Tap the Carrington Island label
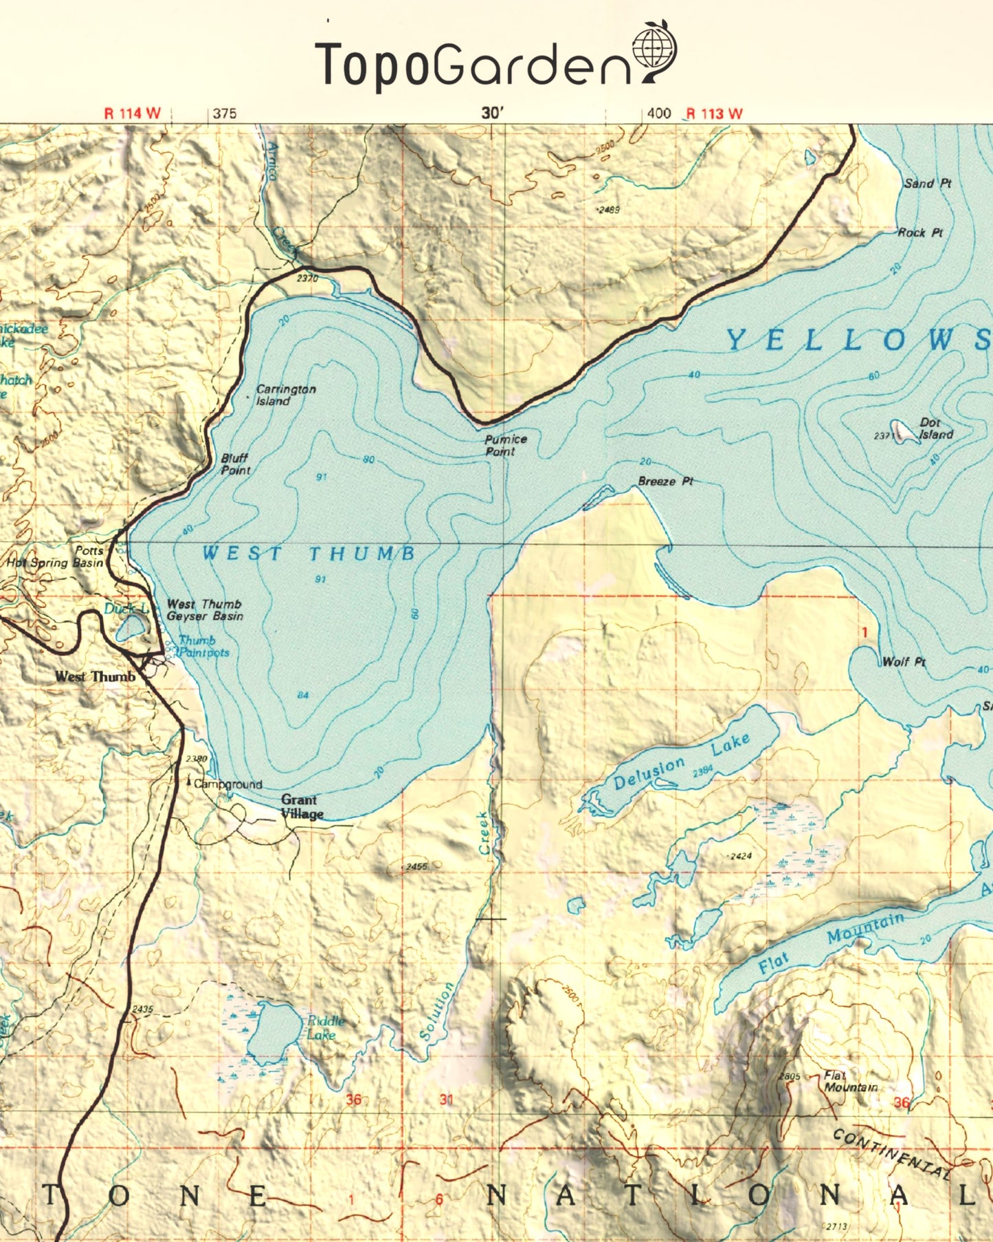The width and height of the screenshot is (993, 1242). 285,395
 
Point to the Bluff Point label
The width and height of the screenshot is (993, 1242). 235,464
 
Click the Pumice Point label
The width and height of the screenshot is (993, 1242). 505,445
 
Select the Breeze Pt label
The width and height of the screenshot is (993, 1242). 665,481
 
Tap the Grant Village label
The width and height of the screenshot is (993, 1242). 301,807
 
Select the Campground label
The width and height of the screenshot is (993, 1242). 227,784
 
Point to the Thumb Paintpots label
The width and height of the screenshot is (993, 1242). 202,646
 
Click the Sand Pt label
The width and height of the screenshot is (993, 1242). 927,184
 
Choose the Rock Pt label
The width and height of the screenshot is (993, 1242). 920,233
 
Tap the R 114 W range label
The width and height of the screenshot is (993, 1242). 131,113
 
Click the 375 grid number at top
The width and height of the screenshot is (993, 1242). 224,113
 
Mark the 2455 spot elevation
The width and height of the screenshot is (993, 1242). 416,867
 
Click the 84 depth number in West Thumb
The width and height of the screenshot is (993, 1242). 303,695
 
